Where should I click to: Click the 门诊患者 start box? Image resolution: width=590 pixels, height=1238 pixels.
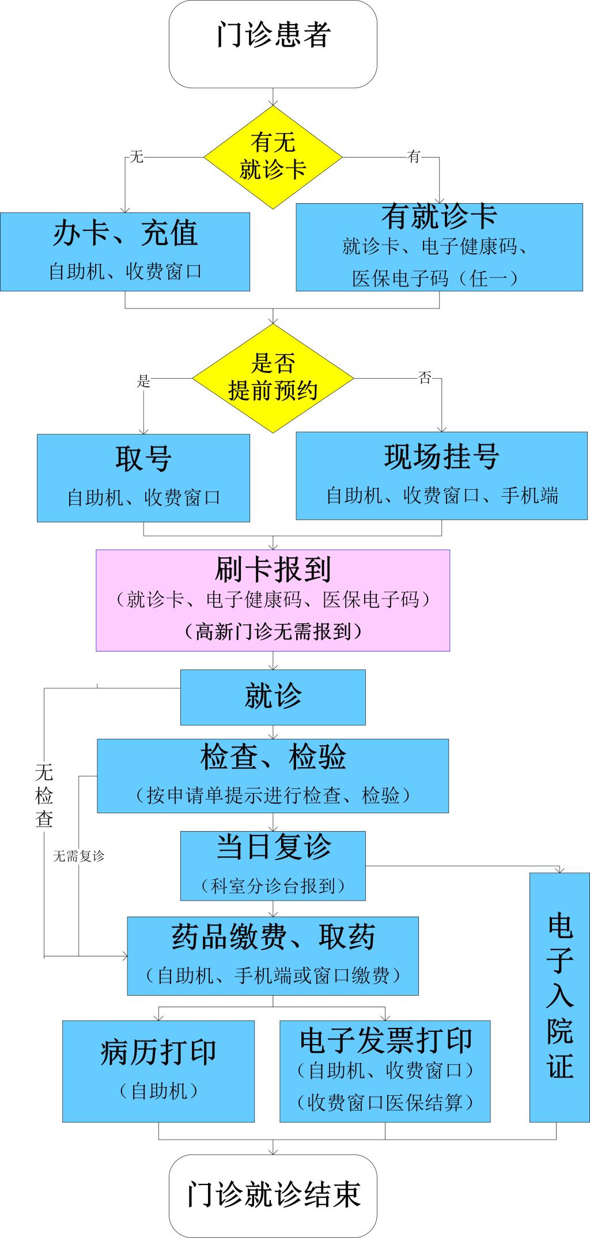tap(273, 44)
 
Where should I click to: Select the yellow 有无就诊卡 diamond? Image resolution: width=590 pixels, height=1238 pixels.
tap(273, 157)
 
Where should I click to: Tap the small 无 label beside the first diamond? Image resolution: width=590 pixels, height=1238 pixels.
tap(136, 157)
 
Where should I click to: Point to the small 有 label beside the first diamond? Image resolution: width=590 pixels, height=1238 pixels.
tap(414, 157)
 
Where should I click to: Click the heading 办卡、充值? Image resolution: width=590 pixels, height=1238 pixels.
tap(125, 233)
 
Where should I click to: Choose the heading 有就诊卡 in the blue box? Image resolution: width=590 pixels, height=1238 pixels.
tap(439, 216)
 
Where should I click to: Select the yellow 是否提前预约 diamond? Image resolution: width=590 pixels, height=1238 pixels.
tap(273, 378)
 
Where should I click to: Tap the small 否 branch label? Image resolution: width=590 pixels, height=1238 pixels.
tap(425, 378)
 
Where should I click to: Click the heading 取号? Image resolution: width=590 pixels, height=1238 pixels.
tap(143, 459)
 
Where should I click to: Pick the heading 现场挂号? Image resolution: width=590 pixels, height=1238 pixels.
tap(441, 457)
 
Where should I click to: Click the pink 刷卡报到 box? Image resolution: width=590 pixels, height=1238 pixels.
tap(273, 600)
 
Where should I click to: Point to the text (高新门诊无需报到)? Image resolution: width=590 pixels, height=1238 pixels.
tap(273, 632)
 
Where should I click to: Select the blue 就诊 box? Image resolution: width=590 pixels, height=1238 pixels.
tap(273, 697)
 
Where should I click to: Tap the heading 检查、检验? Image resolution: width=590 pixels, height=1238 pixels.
tap(273, 757)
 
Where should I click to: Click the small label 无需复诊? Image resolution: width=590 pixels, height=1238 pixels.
tap(78, 856)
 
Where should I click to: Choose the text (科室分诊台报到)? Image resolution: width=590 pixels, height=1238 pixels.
tap(273, 886)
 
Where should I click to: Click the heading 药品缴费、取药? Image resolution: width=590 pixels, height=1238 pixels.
tap(273, 937)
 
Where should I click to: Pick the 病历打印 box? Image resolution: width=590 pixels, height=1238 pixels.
tap(158, 1071)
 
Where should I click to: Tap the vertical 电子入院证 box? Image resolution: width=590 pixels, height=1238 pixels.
tap(559, 997)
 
